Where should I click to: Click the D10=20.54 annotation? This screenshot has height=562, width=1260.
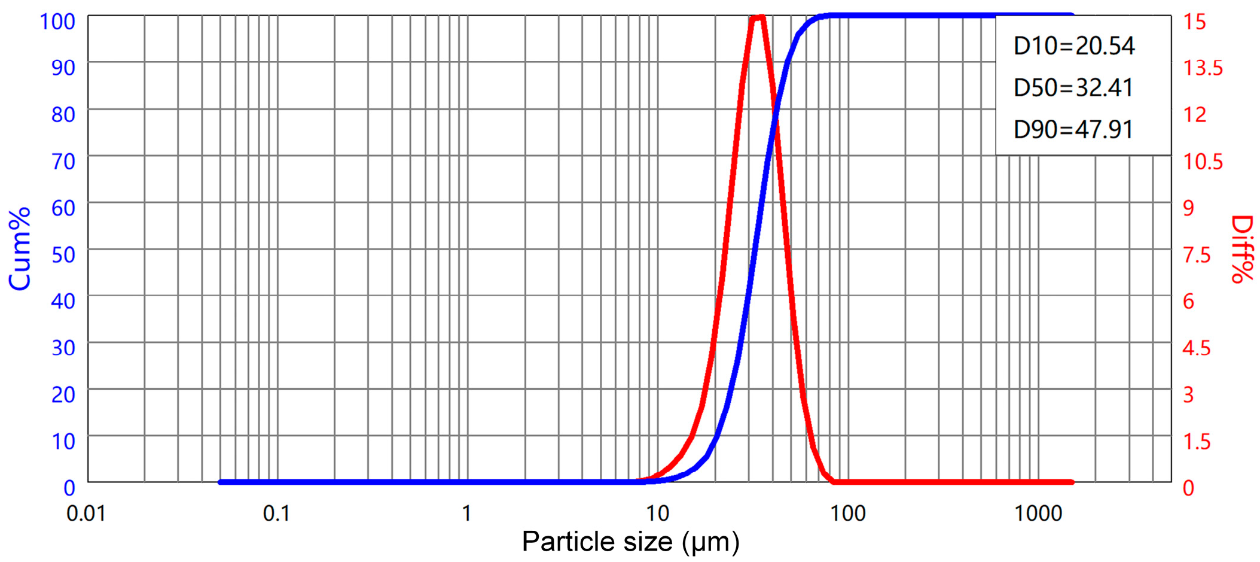1074,46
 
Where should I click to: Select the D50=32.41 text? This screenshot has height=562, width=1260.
1073,88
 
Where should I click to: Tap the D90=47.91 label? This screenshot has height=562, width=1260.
1073,130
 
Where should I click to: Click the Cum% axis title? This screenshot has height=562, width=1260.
20,249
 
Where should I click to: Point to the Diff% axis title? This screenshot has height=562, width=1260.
1242,249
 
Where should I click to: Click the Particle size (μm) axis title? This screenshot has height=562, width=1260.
630,542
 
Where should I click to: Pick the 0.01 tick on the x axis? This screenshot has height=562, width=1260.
86,514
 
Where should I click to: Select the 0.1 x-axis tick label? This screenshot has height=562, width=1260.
276,514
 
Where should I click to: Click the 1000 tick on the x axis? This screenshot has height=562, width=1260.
1038,514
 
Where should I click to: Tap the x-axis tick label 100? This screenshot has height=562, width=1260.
848,514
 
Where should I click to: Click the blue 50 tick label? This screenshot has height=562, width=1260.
63,254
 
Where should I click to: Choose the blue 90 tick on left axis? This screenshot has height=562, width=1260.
63,68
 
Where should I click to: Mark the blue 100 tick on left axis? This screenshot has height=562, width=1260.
57,22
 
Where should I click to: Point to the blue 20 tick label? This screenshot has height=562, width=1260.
63,394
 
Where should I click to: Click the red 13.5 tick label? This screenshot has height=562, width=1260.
1203,68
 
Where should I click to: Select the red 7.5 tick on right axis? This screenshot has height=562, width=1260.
1197,254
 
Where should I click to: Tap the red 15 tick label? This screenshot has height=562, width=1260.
1195,22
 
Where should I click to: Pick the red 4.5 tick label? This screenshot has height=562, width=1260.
1197,348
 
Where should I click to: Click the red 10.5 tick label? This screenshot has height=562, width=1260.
1203,161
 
